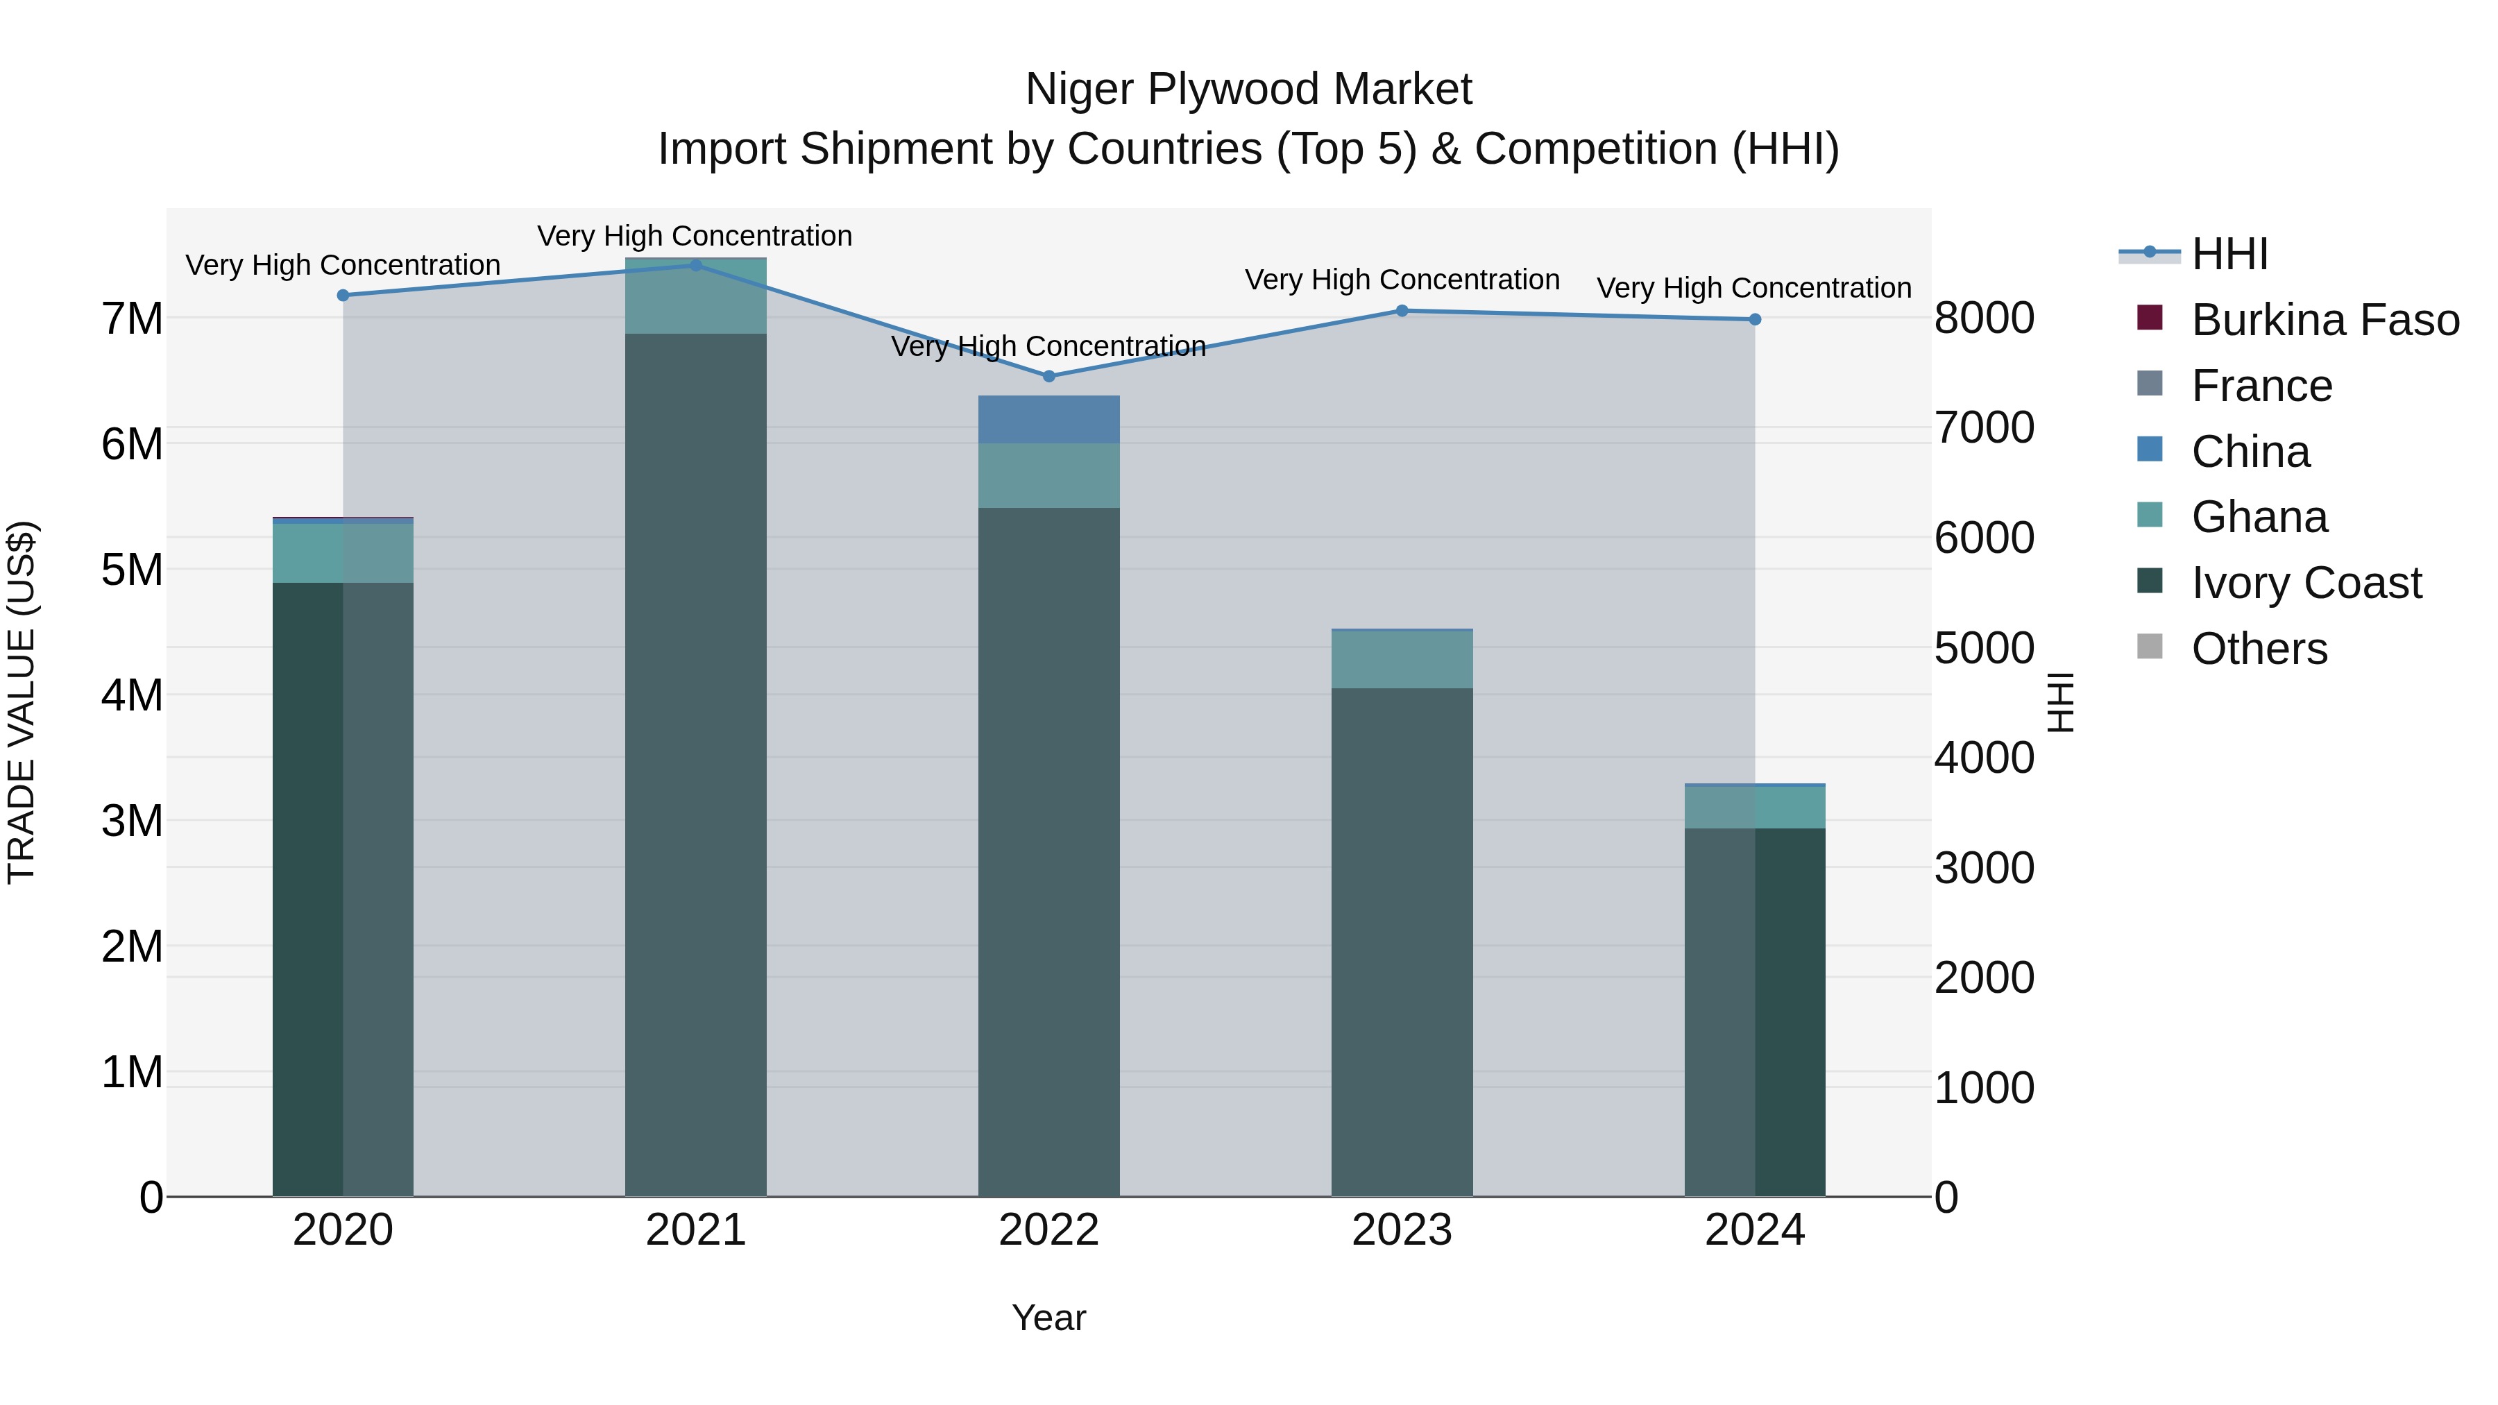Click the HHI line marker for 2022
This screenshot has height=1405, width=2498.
pos(1048,376)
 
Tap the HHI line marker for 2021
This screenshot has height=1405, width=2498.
pos(695,266)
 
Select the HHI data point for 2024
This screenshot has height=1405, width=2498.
pos(1754,320)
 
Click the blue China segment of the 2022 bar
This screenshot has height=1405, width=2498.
pos(1048,420)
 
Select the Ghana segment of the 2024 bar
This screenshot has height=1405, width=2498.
pos(1754,807)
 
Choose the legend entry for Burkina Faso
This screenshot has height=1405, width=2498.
pos(2325,320)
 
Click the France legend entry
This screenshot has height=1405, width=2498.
pos(2261,386)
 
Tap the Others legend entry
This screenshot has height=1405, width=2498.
pos(2259,649)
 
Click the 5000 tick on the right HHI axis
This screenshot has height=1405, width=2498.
pos(1984,648)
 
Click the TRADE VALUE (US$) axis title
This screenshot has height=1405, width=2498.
pos(22,702)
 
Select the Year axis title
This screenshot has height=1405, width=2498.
pos(1048,1318)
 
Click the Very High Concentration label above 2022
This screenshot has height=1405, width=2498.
pos(1048,346)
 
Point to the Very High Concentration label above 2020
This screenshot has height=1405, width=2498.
pos(342,265)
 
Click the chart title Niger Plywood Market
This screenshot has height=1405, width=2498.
pos(1248,90)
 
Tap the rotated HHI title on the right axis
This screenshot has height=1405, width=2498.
pos(2059,702)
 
